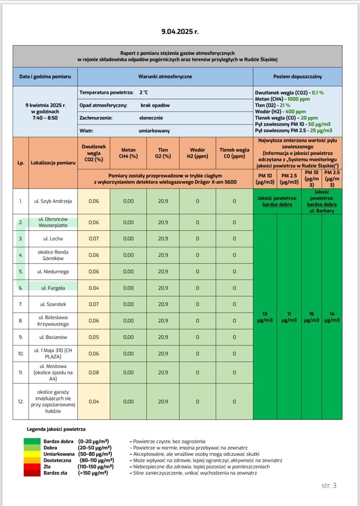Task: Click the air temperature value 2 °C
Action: [x=144, y=93]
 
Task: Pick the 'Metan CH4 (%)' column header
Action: [x=129, y=153]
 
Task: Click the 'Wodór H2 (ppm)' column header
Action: [x=197, y=153]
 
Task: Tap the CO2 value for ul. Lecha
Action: [x=94, y=238]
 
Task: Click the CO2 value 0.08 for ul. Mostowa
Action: [x=94, y=372]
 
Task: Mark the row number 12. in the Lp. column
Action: [x=21, y=401]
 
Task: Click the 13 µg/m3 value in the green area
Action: [x=264, y=317]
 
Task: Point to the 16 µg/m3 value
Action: [x=311, y=317]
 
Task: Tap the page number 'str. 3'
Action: [x=329, y=486]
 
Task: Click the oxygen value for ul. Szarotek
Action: [x=163, y=305]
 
